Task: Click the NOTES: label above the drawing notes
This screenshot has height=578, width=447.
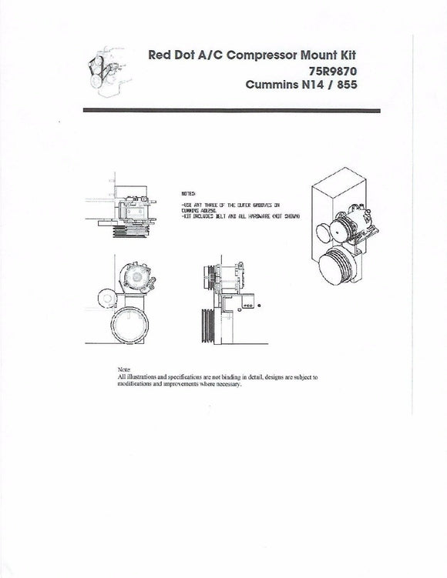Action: point(188,194)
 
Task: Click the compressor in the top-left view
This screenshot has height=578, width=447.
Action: point(136,207)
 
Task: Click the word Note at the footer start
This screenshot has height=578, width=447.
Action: point(124,370)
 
